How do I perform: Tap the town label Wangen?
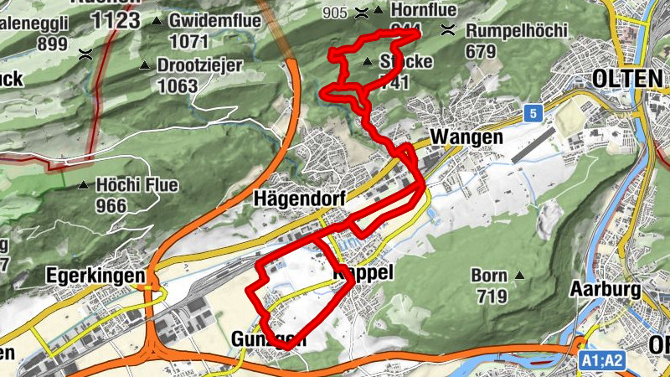[466, 137]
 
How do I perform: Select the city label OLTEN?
[626, 78]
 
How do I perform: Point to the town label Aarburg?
[605, 289]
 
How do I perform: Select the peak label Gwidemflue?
[209, 20]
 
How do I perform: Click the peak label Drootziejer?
[199, 65]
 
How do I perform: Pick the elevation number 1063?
[177, 85]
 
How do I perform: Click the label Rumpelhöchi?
[517, 31]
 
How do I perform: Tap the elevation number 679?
[481, 51]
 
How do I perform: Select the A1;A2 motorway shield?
[602, 360]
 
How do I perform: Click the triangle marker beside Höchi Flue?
[84, 185]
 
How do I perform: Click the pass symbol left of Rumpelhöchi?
[448, 31]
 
